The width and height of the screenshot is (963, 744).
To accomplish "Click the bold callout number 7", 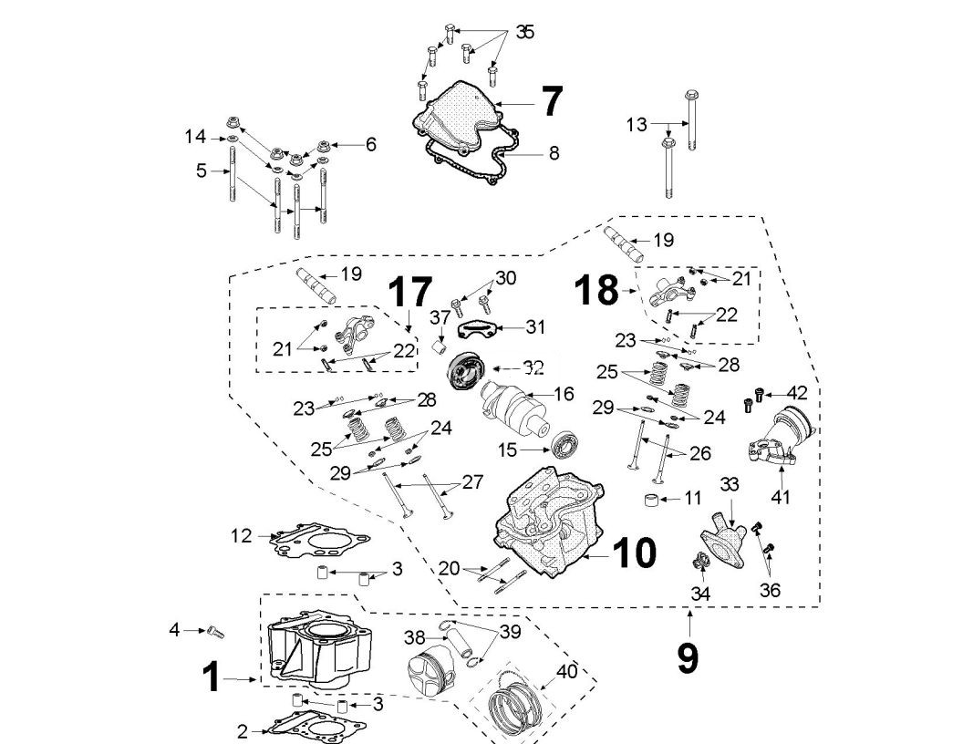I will pos(552,101).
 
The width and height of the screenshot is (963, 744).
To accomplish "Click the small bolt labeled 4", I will pos(215,629).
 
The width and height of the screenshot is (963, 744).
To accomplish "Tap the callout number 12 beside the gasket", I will pos(240,537).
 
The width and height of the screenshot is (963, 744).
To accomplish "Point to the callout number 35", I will pos(524,32).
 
